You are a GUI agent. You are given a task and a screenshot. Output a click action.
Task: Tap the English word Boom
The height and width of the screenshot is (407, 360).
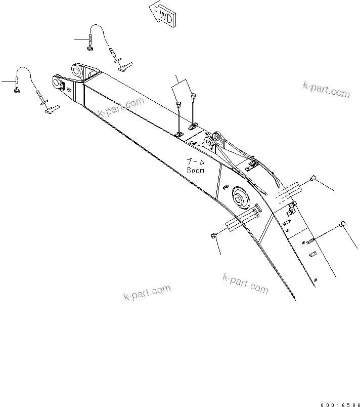[195, 171]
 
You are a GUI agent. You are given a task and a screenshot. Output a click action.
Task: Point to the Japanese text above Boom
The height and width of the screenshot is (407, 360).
[196, 162]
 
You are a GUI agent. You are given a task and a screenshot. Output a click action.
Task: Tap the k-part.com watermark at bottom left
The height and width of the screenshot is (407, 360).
[147, 292]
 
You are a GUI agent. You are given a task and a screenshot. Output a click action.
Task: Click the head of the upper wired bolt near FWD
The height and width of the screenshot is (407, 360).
[89, 48]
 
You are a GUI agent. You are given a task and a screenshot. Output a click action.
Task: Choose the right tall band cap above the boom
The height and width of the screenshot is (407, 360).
[193, 94]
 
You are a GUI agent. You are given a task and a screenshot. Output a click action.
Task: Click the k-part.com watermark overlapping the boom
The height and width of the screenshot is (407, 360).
[121, 107]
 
